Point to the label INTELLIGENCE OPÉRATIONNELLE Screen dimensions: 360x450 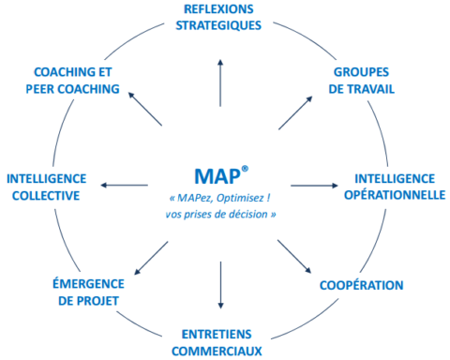(x=394, y=187)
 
